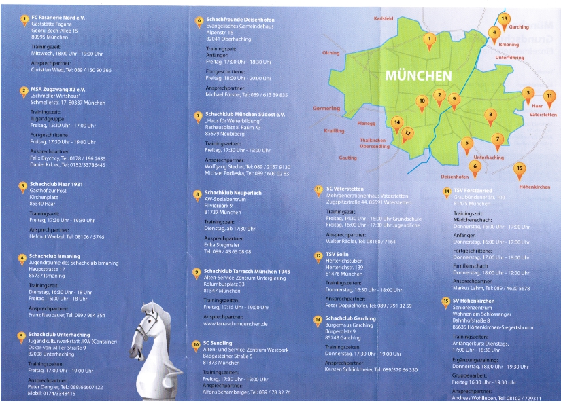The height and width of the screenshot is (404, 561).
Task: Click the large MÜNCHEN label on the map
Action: [x=418, y=75]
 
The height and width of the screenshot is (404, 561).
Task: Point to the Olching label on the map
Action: [x=330, y=52]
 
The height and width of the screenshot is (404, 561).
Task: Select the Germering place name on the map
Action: [x=326, y=109]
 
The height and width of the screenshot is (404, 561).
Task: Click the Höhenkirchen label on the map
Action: [x=534, y=186]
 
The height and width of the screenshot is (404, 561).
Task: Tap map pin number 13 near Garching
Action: [x=504, y=19]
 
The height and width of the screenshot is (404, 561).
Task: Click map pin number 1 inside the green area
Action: [x=429, y=39]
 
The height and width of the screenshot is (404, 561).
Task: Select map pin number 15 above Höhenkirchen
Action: [x=520, y=168]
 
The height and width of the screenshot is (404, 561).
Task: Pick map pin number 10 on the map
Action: [x=422, y=101]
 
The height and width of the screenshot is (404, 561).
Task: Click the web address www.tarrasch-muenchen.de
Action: [x=236, y=324]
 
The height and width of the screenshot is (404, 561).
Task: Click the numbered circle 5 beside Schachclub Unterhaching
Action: [x=22, y=335]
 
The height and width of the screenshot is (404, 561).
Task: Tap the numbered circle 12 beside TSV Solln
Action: [x=318, y=256]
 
